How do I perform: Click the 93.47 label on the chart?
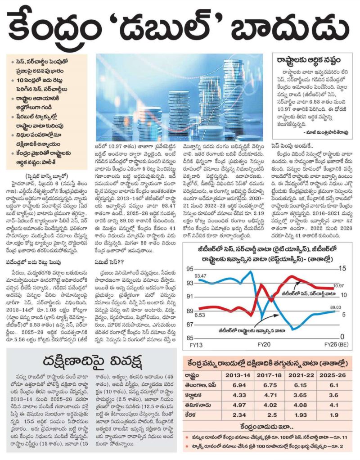pos(200,276)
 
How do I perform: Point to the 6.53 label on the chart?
pos(199,315)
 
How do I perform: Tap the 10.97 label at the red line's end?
pos(338,285)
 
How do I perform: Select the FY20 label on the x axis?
pos(264,344)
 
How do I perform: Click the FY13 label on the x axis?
pos(196,345)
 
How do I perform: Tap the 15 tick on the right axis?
pos(342,268)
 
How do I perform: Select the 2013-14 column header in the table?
pos(238,375)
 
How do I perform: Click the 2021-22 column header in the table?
pos(301,375)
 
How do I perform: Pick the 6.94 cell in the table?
pos(239,385)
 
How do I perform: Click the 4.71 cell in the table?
pos(270,395)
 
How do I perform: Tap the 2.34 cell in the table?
pos(239,415)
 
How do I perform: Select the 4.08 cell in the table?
pos(300,405)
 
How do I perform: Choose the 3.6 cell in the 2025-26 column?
pos(333,395)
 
